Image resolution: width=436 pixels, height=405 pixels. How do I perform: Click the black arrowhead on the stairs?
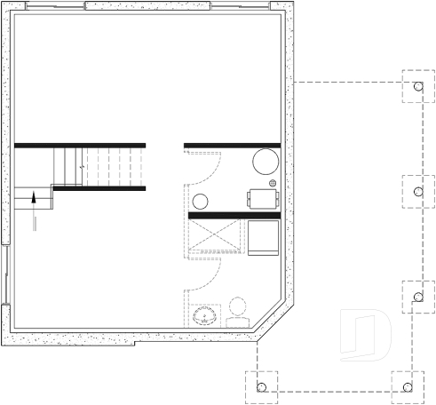click(x=34, y=195)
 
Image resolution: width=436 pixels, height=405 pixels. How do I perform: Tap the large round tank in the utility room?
click(x=266, y=161)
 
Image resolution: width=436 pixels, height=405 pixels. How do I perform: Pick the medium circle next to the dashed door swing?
click(x=201, y=201)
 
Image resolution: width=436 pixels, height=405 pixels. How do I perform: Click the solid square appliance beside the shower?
click(x=263, y=237)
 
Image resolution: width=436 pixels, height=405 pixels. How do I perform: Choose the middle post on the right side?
click(x=417, y=191)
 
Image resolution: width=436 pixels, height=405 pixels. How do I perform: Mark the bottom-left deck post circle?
click(x=261, y=387)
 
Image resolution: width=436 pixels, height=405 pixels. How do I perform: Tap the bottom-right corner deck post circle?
click(x=408, y=387)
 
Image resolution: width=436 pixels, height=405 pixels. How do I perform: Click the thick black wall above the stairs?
click(x=79, y=145)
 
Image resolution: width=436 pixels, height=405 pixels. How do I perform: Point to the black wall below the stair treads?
click(x=99, y=188)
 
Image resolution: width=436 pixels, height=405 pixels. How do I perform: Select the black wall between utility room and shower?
click(x=234, y=215)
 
